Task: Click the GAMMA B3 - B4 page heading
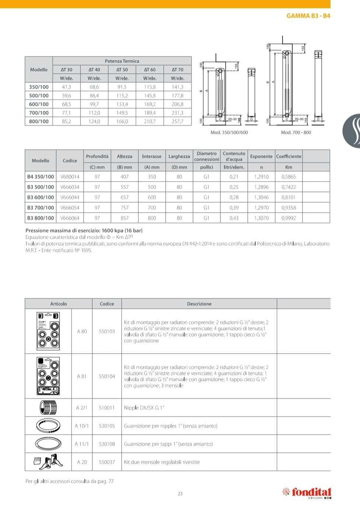click(308, 16)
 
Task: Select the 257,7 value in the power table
click(177, 122)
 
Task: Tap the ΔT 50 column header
click(122, 70)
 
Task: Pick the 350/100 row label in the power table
click(39, 87)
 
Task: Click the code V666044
click(70, 197)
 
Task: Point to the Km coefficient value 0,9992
click(289, 218)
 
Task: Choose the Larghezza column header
click(179, 157)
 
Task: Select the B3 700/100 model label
click(41, 208)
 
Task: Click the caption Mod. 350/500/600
click(229, 133)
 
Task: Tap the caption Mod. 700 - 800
click(296, 133)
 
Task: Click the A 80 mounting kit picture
click(48, 331)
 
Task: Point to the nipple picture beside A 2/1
click(48, 408)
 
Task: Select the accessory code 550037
click(107, 462)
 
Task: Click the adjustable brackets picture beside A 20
click(48, 462)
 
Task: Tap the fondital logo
click(307, 492)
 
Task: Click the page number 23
click(180, 494)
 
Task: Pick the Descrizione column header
click(199, 304)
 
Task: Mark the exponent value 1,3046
click(261, 197)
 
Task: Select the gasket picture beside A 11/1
click(48, 444)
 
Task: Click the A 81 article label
click(82, 376)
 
